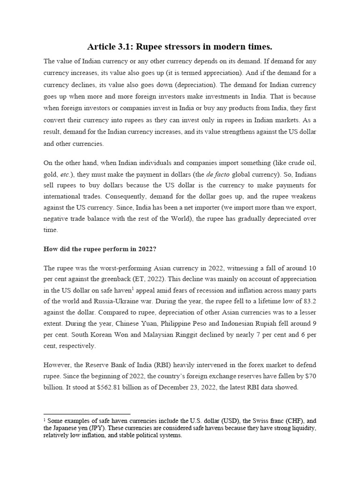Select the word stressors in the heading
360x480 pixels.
tap(187, 47)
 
